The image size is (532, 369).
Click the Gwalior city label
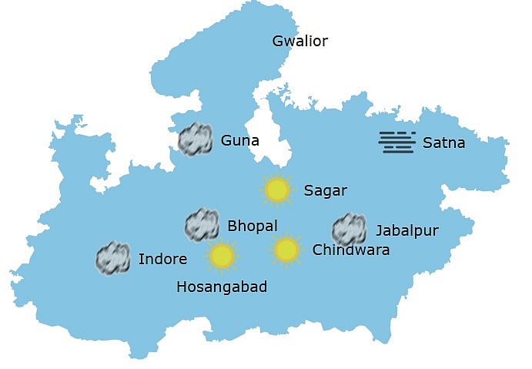tap(300, 42)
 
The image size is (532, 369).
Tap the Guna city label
tap(239, 140)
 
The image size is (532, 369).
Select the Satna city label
tap(444, 143)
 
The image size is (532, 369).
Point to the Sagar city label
tap(326, 190)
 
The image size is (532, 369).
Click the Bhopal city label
tap(253, 226)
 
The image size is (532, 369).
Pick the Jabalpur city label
tap(407, 230)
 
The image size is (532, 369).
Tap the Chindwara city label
tap(351, 250)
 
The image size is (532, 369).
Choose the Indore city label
tap(162, 259)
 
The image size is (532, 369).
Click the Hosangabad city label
tap(222, 287)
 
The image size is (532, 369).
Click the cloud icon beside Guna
tap(196, 139)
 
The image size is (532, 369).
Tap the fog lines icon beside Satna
tap(397, 142)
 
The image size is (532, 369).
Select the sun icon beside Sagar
tap(276, 190)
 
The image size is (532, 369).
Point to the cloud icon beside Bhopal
tap(202, 224)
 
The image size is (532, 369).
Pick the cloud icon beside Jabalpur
tap(349, 230)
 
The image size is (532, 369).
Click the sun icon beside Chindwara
tap(286, 249)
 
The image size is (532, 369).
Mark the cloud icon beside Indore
tap(112, 258)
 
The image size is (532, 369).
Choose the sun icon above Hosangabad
tap(222, 256)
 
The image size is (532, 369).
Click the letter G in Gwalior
tap(278, 41)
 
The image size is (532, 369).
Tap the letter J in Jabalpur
tap(379, 230)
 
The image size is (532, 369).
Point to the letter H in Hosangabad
tap(182, 287)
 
